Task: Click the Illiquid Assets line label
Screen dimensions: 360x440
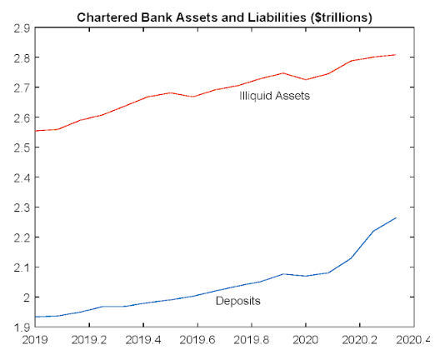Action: pyautogui.click(x=274, y=96)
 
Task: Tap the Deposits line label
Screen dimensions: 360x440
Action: pyautogui.click(x=238, y=301)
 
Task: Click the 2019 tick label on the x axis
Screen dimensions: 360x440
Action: pyautogui.click(x=34, y=341)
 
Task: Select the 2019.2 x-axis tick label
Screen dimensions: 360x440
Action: pyautogui.click(x=89, y=341)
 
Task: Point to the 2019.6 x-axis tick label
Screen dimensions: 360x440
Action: pyautogui.click(x=197, y=341)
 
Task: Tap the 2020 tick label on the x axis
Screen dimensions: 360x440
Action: pyautogui.click(x=306, y=341)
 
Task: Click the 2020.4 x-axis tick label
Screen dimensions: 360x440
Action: pyautogui.click(x=413, y=341)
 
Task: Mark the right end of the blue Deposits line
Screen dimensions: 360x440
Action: pyautogui.click(x=395, y=218)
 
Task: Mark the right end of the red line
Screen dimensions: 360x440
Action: pyautogui.click(x=395, y=55)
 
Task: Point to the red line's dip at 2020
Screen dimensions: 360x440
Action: pyautogui.click(x=306, y=80)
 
